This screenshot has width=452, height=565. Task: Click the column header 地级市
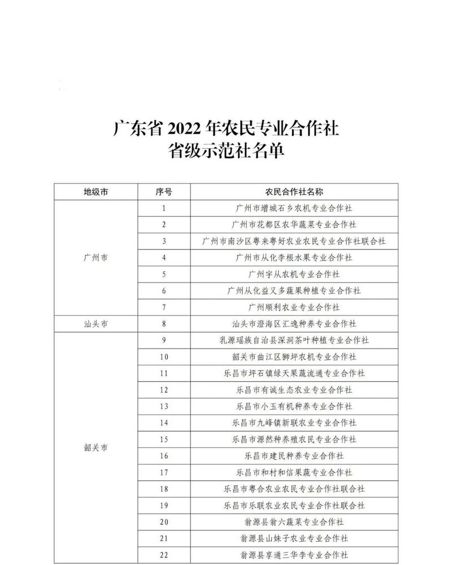coord(96,192)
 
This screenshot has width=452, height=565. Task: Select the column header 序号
coord(164,192)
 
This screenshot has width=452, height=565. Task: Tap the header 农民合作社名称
coord(294,192)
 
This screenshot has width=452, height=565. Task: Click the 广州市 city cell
coord(96,258)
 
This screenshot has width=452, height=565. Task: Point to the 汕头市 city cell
coord(96,324)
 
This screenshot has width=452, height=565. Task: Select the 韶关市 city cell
coord(96,447)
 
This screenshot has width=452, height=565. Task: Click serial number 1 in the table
coord(164,208)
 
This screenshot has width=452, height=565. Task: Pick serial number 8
coord(164,324)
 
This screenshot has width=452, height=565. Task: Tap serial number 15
coord(164,439)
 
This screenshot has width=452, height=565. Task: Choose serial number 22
coord(164,555)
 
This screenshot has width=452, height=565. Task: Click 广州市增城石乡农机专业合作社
coord(294,208)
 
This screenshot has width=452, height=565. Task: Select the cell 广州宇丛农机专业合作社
coord(294,274)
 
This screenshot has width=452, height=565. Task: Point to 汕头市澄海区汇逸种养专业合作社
coord(294,324)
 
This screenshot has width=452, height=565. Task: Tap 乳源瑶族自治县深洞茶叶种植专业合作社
coord(294,340)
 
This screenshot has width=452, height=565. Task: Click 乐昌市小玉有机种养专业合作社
coord(294,406)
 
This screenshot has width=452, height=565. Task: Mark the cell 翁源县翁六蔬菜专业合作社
coord(294,522)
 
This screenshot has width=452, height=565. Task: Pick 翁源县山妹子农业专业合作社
coord(294,538)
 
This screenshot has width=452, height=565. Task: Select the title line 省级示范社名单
coord(225,151)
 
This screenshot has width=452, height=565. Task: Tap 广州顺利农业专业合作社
coord(294,307)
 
